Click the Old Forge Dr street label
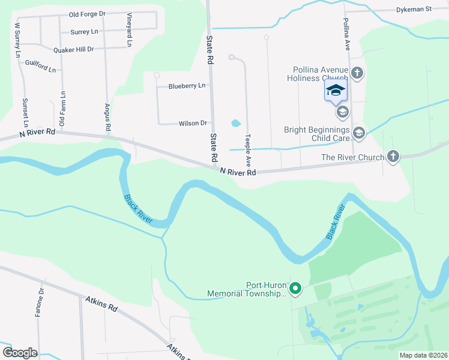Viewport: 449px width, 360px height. (x=87, y=14)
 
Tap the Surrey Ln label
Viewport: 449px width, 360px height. (x=84, y=32)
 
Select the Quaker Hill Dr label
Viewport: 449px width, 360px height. (x=74, y=50)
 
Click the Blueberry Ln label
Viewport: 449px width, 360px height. (x=187, y=86)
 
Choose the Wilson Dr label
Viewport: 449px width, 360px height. (x=193, y=124)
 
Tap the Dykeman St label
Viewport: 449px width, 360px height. (x=414, y=10)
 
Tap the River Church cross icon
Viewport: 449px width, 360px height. (x=393, y=157)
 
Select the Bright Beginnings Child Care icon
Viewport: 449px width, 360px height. (x=359, y=133)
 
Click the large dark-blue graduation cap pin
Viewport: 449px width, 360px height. (x=336, y=91)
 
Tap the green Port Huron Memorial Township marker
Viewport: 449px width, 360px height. (x=295, y=290)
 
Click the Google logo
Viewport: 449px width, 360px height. (x=20, y=353)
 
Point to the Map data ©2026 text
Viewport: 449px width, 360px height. (x=423, y=355)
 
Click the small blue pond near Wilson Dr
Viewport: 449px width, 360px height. (x=236, y=124)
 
